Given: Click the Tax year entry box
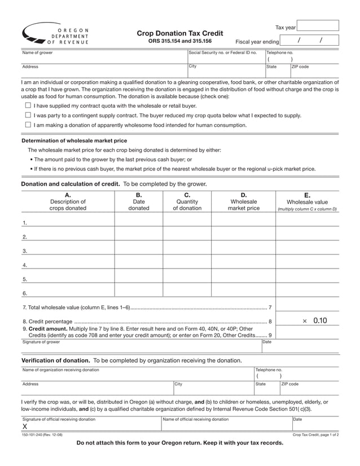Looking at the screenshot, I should [x=318, y=26].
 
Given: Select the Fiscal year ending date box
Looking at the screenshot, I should [x=309, y=40].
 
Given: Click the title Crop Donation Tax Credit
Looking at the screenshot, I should [x=179, y=33].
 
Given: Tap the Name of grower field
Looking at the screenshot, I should [x=104, y=58].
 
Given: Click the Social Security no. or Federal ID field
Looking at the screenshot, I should [x=226, y=59].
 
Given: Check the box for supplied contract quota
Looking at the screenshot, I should [x=28, y=105].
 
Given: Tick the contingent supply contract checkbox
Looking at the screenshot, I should [x=28, y=115].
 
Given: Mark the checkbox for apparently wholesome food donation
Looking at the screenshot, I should [x=28, y=125].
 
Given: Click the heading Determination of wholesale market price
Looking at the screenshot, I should [x=74, y=140].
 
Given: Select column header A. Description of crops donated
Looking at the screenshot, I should [x=68, y=201].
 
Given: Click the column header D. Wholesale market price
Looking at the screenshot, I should [x=243, y=201].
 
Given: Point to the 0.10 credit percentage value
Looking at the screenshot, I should [x=319, y=320].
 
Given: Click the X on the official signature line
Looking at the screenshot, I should [x=25, y=427].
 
